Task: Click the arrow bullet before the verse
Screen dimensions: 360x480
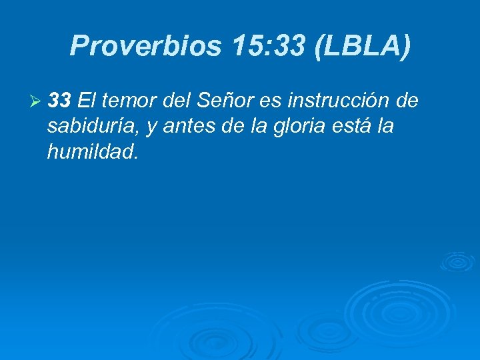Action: pos(36,102)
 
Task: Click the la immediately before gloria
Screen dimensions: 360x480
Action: pos(255,127)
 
